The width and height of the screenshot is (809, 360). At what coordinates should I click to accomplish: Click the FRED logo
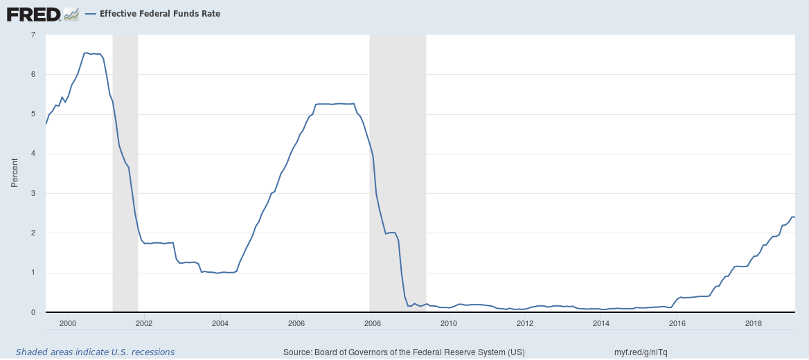point(33,13)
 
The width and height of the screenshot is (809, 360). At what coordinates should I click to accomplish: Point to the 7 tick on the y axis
point(33,35)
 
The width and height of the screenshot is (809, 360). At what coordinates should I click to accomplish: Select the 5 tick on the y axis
point(33,114)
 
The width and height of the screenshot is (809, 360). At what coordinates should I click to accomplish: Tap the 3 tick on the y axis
point(33,194)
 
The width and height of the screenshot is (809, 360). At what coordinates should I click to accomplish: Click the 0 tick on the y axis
point(33,313)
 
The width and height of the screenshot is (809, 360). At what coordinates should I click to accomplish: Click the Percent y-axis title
point(15,173)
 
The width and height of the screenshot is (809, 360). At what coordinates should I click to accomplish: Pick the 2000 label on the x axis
point(67,323)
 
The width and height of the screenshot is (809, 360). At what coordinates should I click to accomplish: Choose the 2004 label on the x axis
point(220,323)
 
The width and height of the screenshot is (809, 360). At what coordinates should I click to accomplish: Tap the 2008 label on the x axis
point(372,323)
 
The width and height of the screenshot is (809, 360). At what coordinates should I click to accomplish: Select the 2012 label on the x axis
point(524,323)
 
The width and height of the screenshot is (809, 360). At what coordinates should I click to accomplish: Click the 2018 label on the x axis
point(753,323)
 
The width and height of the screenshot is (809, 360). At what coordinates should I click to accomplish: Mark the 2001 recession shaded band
point(125,173)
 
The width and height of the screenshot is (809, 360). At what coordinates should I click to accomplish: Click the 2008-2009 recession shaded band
point(398,173)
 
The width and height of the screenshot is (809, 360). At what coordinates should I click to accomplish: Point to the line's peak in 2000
point(86,53)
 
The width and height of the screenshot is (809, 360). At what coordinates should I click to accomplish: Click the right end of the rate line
point(794,217)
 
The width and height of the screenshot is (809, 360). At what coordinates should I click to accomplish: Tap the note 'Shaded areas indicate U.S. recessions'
point(95,352)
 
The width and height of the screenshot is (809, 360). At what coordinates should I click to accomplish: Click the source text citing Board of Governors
point(404,352)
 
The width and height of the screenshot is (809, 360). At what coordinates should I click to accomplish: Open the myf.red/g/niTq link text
point(641,352)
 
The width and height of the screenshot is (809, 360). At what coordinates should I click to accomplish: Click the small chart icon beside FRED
point(71,13)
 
